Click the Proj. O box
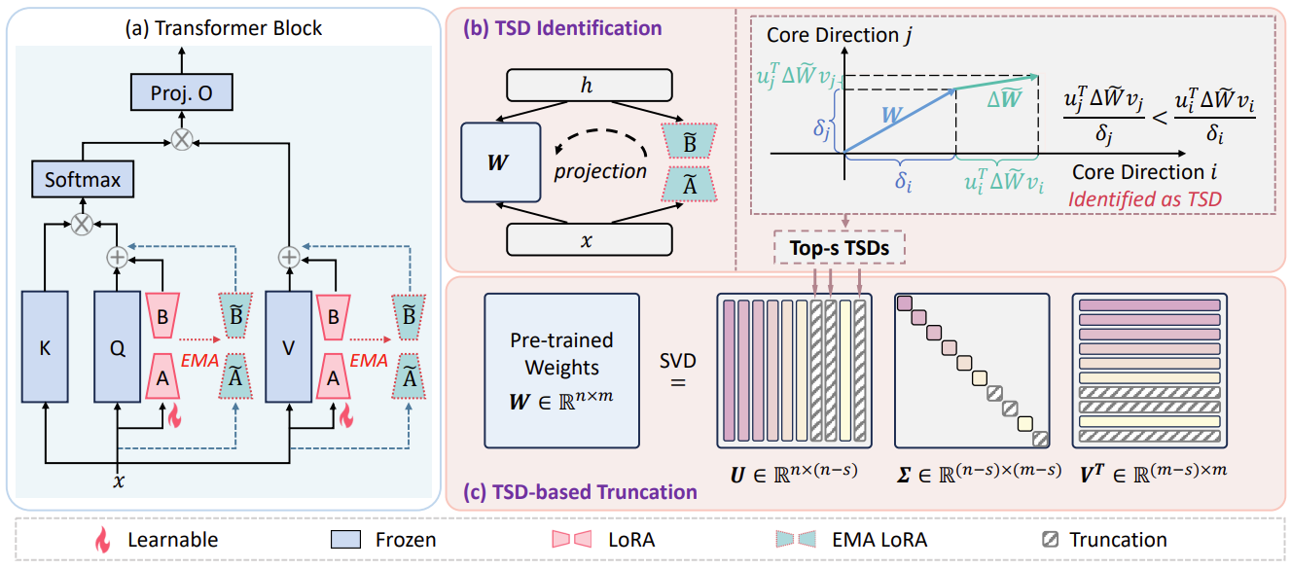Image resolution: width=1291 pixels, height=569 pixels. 181,93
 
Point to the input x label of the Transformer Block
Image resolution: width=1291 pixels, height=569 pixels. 118,480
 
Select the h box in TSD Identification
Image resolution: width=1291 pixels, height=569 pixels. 589,87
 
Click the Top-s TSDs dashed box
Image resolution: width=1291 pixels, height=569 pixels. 838,248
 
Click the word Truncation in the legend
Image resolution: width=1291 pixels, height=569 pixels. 1117,538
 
